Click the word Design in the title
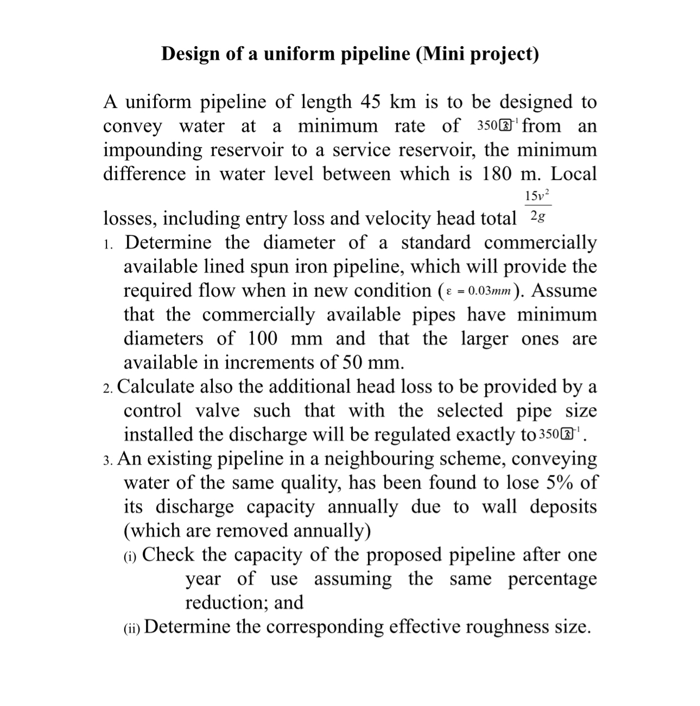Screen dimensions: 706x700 pyautogui.click(x=189, y=54)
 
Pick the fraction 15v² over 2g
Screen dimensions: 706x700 pyautogui.click(x=538, y=206)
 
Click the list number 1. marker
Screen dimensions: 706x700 pyautogui.click(x=108, y=243)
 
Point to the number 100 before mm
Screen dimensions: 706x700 pyautogui.click(x=263, y=338)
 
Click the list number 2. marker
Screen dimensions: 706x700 pyautogui.click(x=108, y=388)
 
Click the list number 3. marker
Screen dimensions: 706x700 pyautogui.click(x=108, y=460)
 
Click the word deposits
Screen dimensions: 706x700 pyautogui.click(x=563, y=506)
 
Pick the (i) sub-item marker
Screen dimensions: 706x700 pyautogui.click(x=130, y=556)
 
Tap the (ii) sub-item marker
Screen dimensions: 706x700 pyautogui.click(x=132, y=628)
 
